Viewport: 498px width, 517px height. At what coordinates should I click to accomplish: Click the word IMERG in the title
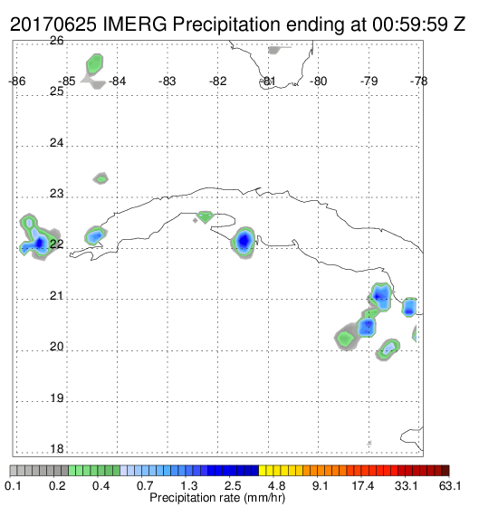pos(135,24)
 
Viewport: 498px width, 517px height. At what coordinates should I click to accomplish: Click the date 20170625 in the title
pos(53,24)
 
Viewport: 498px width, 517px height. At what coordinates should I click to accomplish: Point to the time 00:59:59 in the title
pos(410,24)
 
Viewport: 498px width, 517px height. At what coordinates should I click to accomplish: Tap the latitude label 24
pos(56,143)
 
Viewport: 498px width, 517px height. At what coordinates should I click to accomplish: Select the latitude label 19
pos(56,398)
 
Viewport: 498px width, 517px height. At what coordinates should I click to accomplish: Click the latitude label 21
pos(56,296)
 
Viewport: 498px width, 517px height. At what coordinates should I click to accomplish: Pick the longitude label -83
pos(168,81)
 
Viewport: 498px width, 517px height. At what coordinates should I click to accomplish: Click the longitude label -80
pos(318,81)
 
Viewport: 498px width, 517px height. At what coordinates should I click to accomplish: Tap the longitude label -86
pos(17,81)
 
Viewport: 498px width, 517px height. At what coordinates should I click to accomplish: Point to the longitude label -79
pos(369,81)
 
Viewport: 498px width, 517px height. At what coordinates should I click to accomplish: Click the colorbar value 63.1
pos(450,485)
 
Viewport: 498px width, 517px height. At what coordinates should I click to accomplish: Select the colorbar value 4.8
pos(276,485)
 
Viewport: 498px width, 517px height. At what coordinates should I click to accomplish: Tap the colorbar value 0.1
pos(14,485)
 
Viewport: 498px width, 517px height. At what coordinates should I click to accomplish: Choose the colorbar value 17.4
pos(363,485)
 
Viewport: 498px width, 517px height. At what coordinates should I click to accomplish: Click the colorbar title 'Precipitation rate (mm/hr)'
pos(217,498)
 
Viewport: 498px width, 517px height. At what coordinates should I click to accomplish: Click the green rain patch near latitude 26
pos(95,64)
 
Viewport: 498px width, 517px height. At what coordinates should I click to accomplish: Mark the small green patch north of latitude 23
pos(101,179)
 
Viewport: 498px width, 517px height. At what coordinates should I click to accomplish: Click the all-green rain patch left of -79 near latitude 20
pos(345,338)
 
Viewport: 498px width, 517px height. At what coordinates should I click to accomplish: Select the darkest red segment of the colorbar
pos(445,471)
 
